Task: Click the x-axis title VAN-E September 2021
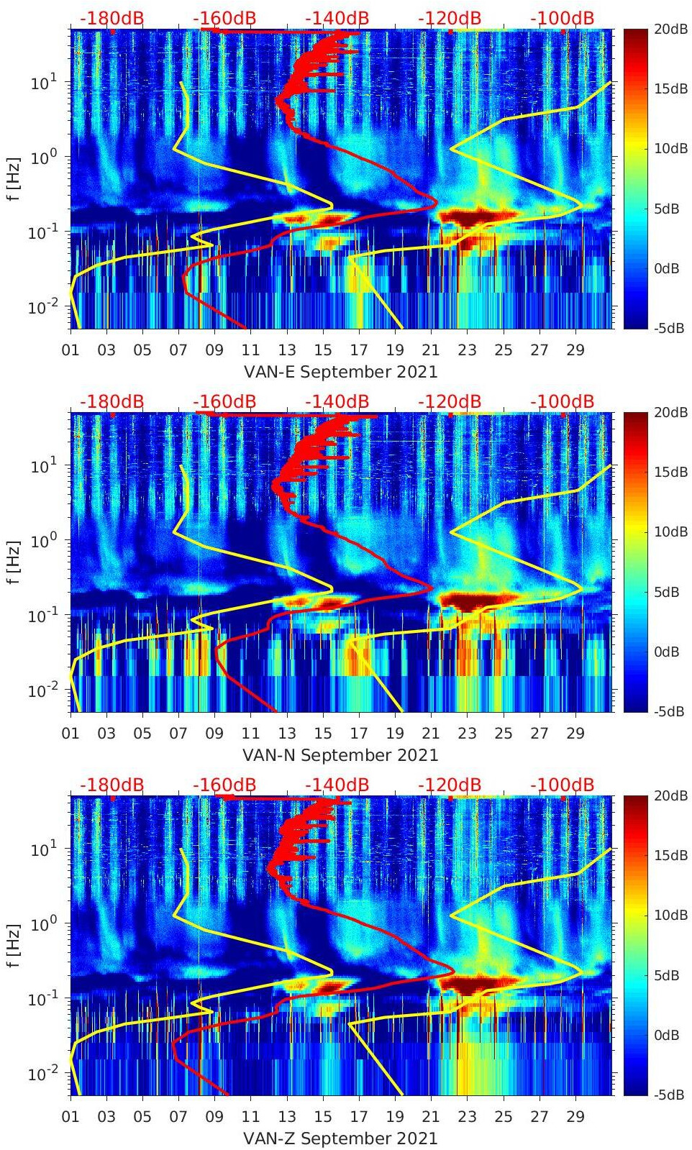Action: click(340, 372)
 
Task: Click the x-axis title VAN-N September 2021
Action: click(340, 755)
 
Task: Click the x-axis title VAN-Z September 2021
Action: click(340, 1138)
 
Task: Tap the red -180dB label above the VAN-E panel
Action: click(111, 18)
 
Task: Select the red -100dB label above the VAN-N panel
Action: click(562, 401)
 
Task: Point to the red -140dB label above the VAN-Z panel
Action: click(337, 785)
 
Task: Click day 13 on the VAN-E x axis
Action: click(287, 350)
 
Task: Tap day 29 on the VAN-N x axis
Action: click(575, 734)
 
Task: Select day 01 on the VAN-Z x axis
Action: click(70, 1117)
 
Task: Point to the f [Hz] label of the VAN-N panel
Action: click(14, 562)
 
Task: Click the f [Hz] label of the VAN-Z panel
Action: click(14, 945)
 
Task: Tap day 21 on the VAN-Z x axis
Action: click(431, 1117)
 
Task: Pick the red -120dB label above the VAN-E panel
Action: click(450, 18)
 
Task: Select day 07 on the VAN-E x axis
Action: click(178, 350)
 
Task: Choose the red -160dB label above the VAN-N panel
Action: click(224, 401)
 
